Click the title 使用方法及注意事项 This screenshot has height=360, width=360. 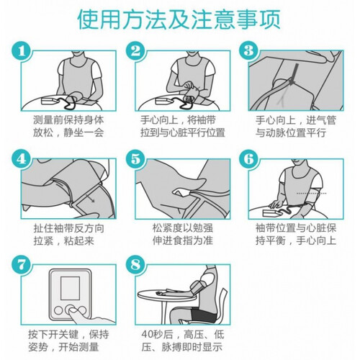coord(179,19)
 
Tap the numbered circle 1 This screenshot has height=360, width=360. coord(22,51)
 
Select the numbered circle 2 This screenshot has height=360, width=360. coord(135,51)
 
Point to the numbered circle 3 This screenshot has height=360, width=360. coord(249,51)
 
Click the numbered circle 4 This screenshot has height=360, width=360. coord(22,159)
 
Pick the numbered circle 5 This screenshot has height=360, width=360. coord(135,159)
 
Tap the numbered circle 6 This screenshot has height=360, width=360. coord(249,159)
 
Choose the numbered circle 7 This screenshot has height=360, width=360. coord(22,265)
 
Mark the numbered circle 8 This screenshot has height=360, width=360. coord(135,265)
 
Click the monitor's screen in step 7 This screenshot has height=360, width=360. coord(70,288)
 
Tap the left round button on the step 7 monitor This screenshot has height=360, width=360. coord(58,310)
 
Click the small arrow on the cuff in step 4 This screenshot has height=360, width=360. coord(91,199)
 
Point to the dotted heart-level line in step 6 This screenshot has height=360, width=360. coord(312,193)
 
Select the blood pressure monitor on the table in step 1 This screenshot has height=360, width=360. coord(49,101)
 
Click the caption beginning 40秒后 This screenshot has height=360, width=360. coord(182,341)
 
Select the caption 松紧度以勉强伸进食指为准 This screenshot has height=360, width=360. coord(183,234)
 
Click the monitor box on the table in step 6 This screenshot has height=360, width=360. coord(271,212)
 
